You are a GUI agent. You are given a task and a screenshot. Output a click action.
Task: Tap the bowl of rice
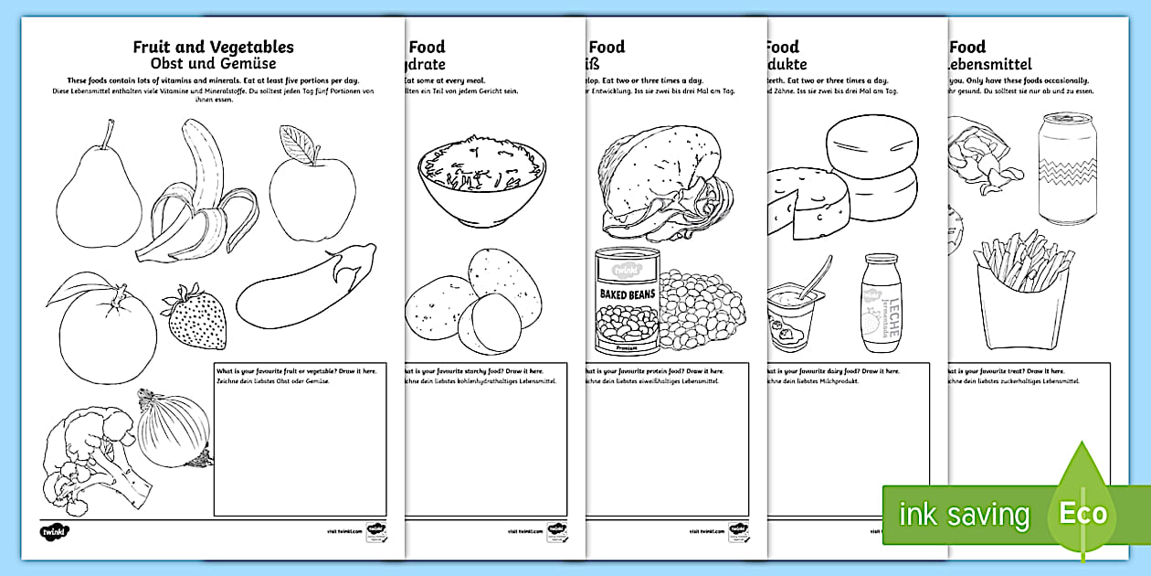tap(481, 178)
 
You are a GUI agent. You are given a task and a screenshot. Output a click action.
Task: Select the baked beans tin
tap(627, 301)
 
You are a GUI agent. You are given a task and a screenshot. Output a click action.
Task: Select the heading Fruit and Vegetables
tap(214, 48)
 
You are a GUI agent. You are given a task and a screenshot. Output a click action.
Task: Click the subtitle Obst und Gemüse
tap(213, 65)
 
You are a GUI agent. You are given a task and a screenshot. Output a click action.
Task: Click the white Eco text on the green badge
tap(1082, 513)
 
